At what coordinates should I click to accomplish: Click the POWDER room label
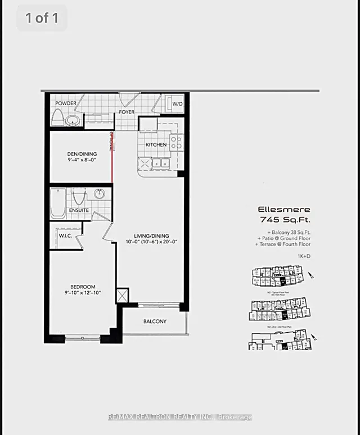click(x=65, y=103)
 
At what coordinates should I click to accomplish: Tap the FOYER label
click(x=127, y=112)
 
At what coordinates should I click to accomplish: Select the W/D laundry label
click(x=177, y=104)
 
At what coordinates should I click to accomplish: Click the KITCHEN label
click(x=156, y=144)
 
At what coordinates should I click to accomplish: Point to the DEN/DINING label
click(x=81, y=154)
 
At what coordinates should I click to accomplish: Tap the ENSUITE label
click(x=79, y=210)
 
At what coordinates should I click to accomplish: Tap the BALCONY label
click(x=154, y=321)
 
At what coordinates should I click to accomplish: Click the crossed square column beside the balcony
click(x=122, y=296)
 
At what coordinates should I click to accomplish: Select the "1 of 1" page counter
click(x=42, y=18)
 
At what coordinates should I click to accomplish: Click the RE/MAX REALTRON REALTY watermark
click(x=179, y=417)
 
